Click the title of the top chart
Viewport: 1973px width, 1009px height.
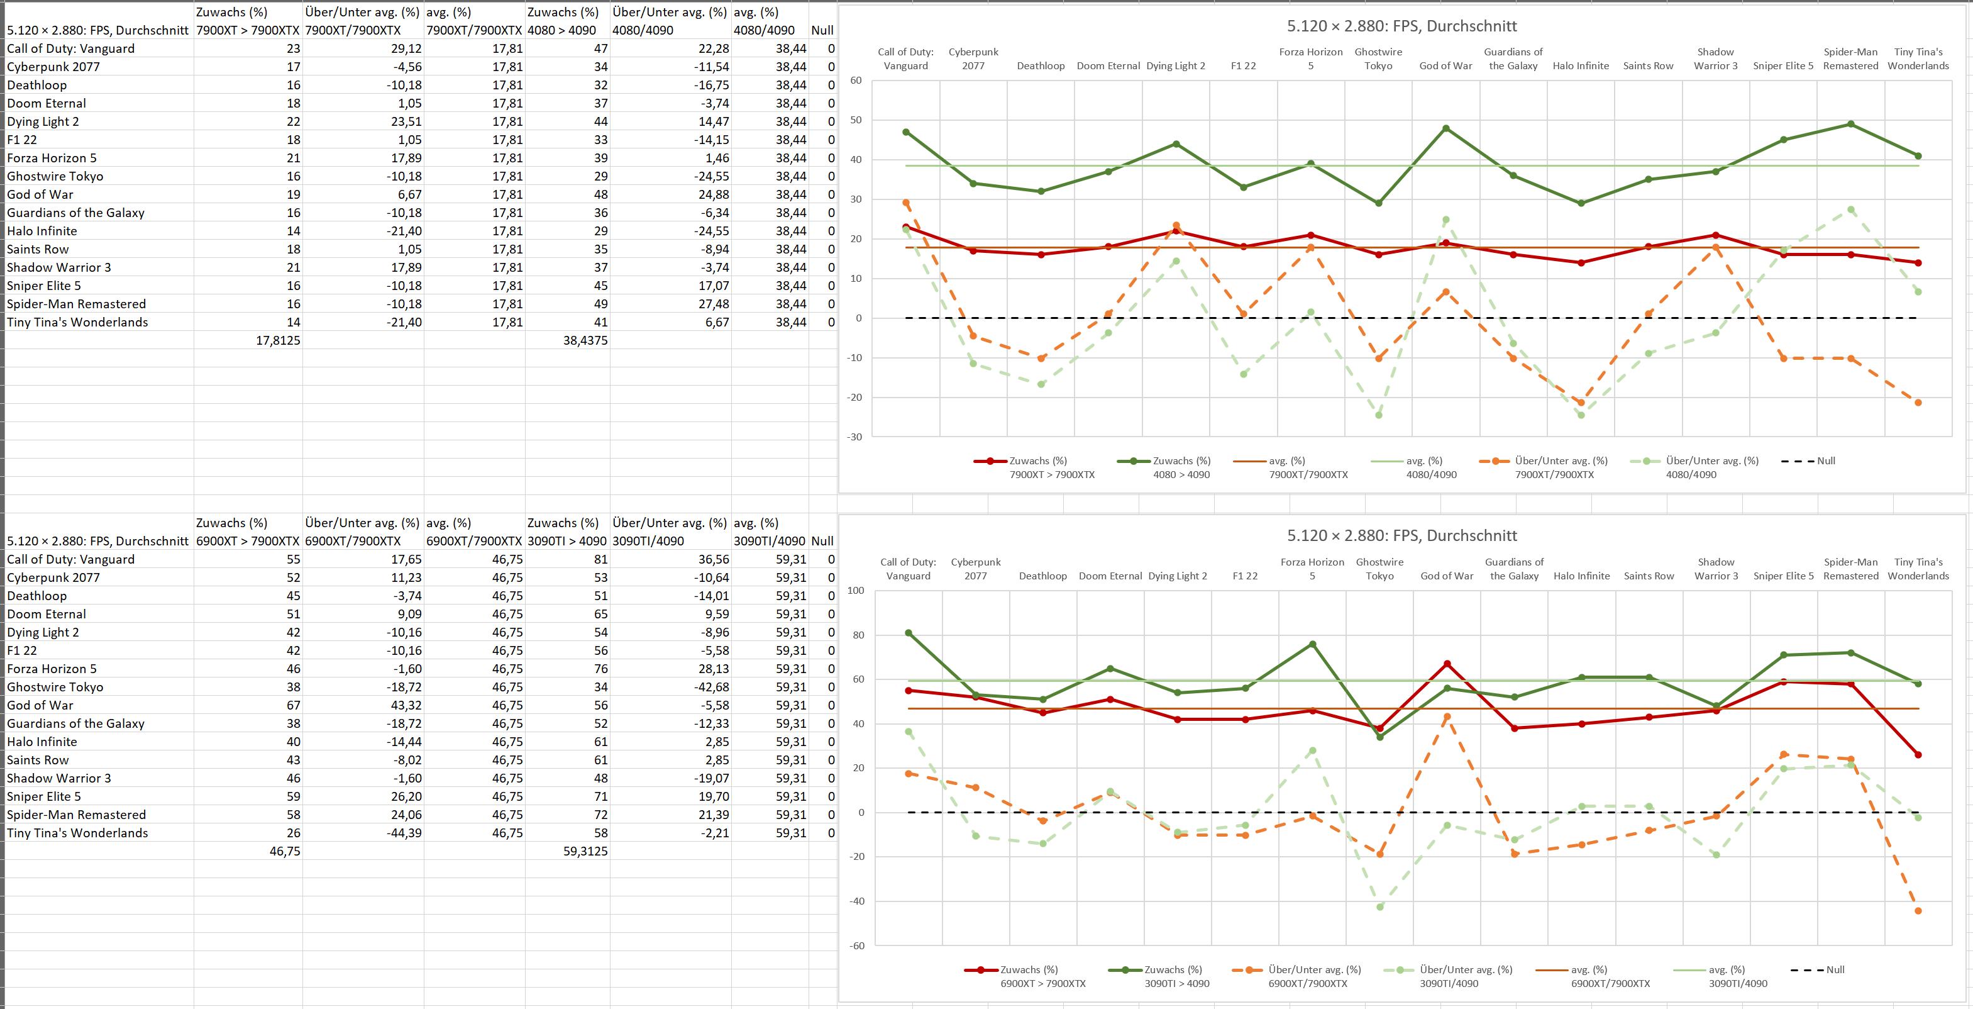click(1401, 26)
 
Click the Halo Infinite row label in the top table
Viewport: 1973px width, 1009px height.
click(42, 231)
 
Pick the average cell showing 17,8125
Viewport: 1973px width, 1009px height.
click(277, 340)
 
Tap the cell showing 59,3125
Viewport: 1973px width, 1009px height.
click(585, 851)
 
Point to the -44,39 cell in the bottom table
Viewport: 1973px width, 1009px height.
click(404, 833)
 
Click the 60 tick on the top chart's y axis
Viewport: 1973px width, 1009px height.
click(856, 81)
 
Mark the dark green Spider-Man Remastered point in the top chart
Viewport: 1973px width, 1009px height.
click(1850, 124)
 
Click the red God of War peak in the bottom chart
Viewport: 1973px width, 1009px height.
click(1447, 664)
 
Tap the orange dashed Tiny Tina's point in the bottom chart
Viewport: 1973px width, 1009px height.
click(1918, 911)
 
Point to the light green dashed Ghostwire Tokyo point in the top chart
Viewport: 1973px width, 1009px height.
click(1379, 415)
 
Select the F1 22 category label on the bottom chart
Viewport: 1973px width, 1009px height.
click(1245, 576)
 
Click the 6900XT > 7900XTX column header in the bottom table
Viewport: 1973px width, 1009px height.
click(247, 541)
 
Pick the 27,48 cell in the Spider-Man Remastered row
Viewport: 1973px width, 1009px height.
click(712, 304)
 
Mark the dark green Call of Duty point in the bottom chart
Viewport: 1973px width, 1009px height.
click(909, 633)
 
